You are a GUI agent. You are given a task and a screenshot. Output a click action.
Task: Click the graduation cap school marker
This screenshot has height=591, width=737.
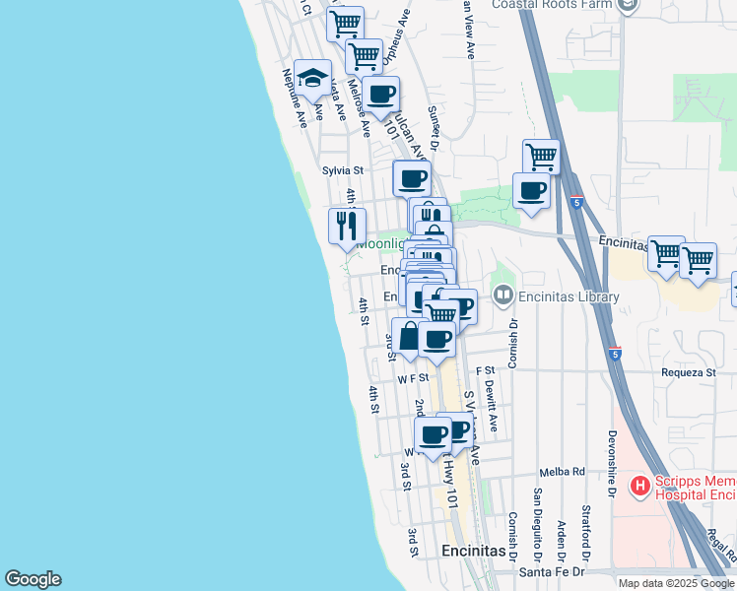tap(313, 78)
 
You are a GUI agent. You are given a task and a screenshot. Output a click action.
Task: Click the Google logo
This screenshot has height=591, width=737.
tap(33, 579)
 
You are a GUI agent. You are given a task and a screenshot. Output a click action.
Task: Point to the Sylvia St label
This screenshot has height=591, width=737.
tap(343, 170)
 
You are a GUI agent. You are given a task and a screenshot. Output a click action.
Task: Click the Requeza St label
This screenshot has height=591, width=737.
tap(690, 373)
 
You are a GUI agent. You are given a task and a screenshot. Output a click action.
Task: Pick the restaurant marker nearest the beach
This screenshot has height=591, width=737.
tap(347, 227)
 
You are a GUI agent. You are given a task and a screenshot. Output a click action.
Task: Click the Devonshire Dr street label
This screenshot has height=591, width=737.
tap(611, 465)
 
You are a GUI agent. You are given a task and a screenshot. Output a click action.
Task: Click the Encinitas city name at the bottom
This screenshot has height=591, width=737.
tap(474, 551)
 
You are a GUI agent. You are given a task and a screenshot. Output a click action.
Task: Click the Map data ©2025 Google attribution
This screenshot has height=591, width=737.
tap(677, 582)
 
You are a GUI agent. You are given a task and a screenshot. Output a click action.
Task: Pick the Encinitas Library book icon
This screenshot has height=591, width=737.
tap(503, 295)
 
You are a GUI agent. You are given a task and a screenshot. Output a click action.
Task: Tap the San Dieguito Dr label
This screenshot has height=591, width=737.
tap(538, 519)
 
